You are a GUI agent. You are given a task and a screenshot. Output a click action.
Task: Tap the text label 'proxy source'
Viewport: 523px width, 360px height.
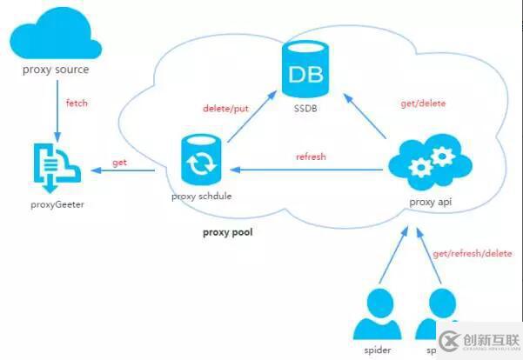click(x=56, y=70)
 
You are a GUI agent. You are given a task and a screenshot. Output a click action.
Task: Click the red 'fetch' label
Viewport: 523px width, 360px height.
click(x=77, y=103)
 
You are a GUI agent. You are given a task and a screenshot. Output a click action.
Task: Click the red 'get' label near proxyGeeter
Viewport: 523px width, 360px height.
click(x=121, y=163)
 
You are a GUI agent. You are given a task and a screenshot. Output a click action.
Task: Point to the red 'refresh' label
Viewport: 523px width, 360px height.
click(x=311, y=157)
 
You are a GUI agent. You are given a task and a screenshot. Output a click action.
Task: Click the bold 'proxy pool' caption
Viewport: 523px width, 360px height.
click(x=227, y=232)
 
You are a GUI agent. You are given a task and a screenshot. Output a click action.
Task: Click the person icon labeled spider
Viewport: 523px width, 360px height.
click(x=372, y=313)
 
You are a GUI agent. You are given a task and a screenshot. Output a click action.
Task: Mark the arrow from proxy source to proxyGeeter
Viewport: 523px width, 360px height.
click(x=57, y=109)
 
